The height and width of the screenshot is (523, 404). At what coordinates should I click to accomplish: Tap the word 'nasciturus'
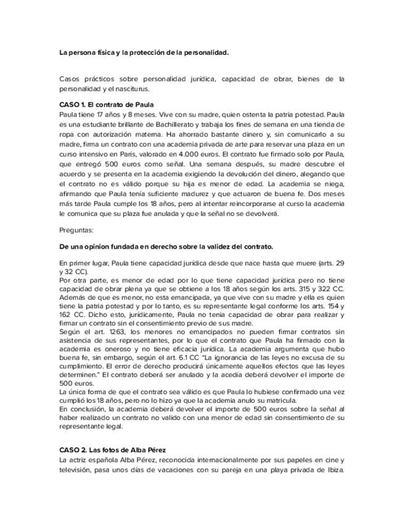point(130,89)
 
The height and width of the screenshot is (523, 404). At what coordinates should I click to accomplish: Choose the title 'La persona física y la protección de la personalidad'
point(143,52)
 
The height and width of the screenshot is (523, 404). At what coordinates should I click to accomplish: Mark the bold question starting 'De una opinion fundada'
point(166,247)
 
